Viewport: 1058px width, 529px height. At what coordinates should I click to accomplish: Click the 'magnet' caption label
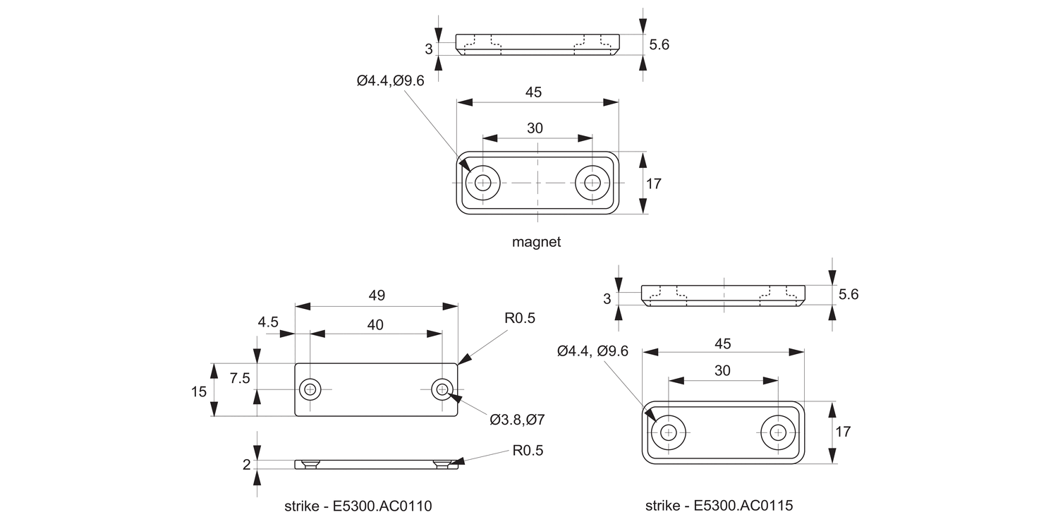(536, 242)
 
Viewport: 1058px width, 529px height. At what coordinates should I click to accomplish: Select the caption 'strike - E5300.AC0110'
(358, 506)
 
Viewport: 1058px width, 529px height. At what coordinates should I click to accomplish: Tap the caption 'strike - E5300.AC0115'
(719, 506)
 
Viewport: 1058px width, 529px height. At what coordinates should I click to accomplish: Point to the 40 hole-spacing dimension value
(375, 324)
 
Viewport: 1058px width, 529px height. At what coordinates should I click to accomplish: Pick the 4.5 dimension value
(268, 322)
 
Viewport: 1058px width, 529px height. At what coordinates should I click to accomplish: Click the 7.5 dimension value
(240, 378)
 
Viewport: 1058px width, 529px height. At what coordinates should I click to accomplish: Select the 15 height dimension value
(199, 391)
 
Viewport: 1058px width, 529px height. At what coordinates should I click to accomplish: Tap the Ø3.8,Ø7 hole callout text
(517, 420)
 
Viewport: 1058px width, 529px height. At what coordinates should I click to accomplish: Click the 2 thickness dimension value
(246, 464)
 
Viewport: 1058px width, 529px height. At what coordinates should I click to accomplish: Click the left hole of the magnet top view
(483, 183)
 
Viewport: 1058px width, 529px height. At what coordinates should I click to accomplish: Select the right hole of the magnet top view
(592, 183)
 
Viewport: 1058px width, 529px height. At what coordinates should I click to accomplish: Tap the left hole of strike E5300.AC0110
(310, 389)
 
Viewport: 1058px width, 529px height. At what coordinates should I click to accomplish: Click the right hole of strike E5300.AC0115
(778, 432)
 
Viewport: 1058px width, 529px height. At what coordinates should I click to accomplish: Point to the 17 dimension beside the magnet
(653, 183)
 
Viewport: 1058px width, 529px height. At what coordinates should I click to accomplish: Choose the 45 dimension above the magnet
(534, 92)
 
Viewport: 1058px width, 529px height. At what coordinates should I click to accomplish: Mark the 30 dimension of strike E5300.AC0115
(722, 370)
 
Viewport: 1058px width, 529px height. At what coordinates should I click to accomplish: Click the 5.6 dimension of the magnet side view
(659, 44)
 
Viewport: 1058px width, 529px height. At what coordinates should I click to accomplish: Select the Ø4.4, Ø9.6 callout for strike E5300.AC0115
(592, 351)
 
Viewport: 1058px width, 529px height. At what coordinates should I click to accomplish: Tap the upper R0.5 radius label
(519, 318)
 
